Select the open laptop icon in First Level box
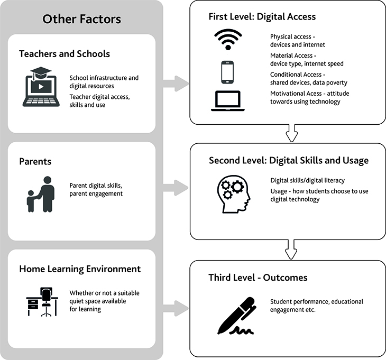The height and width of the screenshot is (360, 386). [x=226, y=101]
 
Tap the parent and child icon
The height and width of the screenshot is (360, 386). [x=40, y=194]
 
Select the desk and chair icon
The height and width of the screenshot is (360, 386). [x=42, y=302]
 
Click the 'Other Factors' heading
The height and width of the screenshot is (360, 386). [x=81, y=20]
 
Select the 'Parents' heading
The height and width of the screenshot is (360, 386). [x=35, y=161]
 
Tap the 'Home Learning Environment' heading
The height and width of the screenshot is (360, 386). [x=80, y=269]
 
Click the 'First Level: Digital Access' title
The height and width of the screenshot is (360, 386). [x=262, y=16]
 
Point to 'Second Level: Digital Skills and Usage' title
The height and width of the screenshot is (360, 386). [x=288, y=160]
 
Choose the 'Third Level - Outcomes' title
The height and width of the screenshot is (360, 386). [x=258, y=278]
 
